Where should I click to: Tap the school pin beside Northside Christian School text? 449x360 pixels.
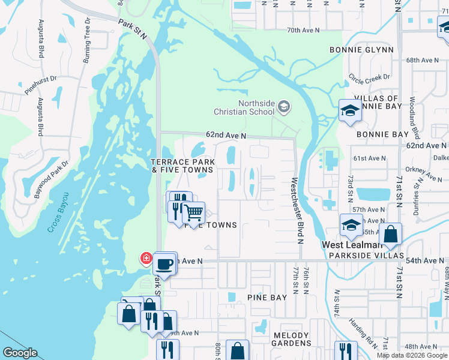pos(284,108)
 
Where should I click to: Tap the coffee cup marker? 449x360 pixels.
pos(164,263)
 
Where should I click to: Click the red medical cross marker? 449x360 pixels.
pos(146,258)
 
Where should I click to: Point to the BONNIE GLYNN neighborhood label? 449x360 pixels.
pos(361,50)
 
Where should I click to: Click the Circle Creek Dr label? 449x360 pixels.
pos(369,77)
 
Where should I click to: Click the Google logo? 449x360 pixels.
pos(19,353)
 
